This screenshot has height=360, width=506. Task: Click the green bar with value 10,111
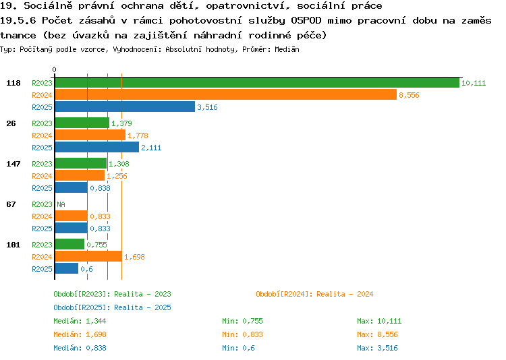pos(257,83)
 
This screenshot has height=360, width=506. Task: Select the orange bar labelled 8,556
pos(226,95)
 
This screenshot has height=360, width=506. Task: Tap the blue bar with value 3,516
pos(125,107)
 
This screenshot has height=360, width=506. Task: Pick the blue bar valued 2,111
pos(96,148)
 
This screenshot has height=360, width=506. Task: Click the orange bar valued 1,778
pos(90,135)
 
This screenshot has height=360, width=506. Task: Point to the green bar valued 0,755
pos(69,244)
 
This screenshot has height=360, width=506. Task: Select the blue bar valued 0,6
pos(67,268)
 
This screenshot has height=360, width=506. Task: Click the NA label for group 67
pos(61,204)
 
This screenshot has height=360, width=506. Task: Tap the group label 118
pos(13,83)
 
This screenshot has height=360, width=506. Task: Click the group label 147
pos(13,164)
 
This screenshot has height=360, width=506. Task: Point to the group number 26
pos(11,123)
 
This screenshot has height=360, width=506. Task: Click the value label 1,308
pos(119,164)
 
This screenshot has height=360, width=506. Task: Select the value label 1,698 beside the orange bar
pos(134,257)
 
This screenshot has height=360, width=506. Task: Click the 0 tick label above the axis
pos(54,69)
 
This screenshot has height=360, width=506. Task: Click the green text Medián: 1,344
pos(80,321)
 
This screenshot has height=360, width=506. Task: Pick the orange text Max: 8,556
pos(377,334)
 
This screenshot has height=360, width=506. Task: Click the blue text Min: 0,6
pos(238,348)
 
